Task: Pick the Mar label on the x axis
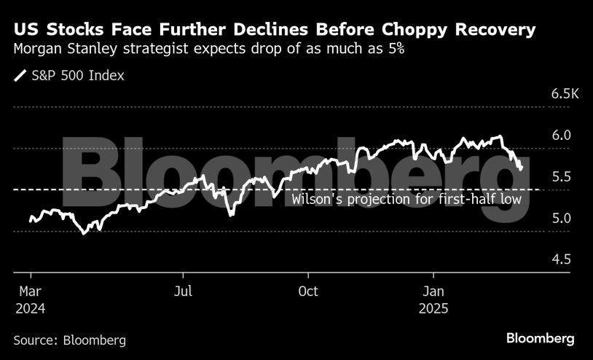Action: click(x=31, y=291)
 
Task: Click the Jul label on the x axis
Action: click(x=184, y=291)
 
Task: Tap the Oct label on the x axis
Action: click(x=308, y=291)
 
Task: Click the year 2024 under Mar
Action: click(x=31, y=308)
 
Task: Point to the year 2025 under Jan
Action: click(x=435, y=308)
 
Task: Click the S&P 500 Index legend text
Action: click(x=78, y=76)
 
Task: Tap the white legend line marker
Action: click(x=20, y=76)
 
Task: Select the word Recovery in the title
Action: click(x=503, y=31)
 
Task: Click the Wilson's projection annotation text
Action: click(x=407, y=199)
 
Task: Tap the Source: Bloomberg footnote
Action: click(x=69, y=340)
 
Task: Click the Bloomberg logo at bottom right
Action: click(x=540, y=338)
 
